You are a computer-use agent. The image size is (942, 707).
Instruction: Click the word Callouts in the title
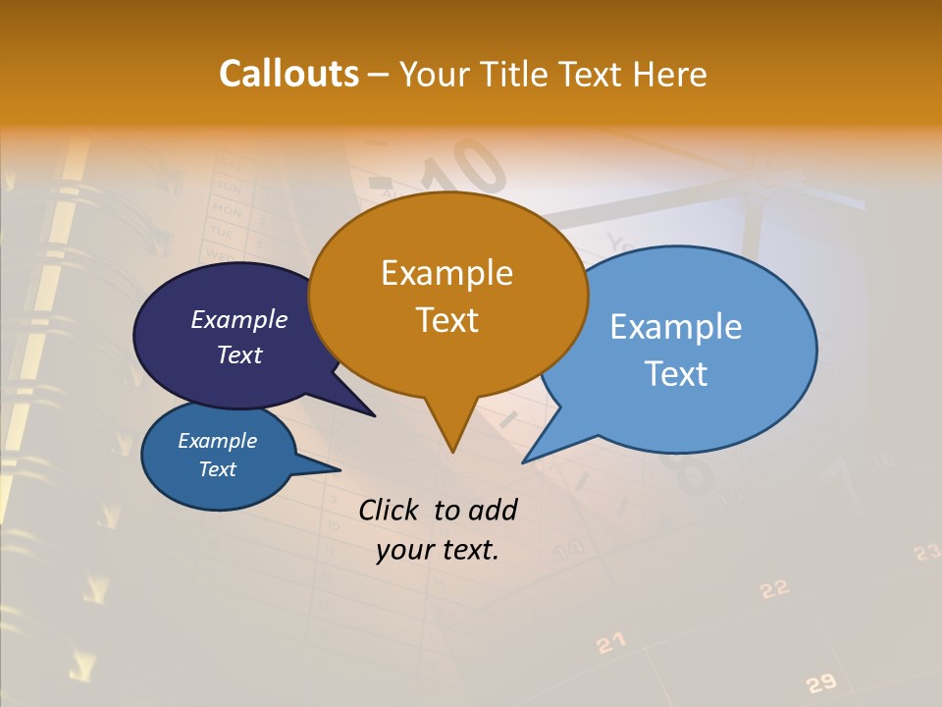click(x=288, y=74)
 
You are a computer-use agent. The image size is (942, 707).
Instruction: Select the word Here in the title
click(x=670, y=74)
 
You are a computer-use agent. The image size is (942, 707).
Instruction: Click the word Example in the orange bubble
click(x=446, y=272)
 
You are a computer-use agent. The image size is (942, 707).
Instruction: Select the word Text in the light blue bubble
click(x=676, y=374)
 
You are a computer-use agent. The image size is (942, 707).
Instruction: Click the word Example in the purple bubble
click(x=239, y=319)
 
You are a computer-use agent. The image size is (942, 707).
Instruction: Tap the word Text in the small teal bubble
click(x=217, y=469)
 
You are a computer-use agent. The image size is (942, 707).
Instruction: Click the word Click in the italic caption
click(x=390, y=510)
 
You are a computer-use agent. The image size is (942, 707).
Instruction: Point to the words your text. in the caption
click(x=438, y=550)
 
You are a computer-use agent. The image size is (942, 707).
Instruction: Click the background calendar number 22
click(x=774, y=588)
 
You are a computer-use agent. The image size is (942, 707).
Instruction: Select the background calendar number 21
click(x=610, y=643)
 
